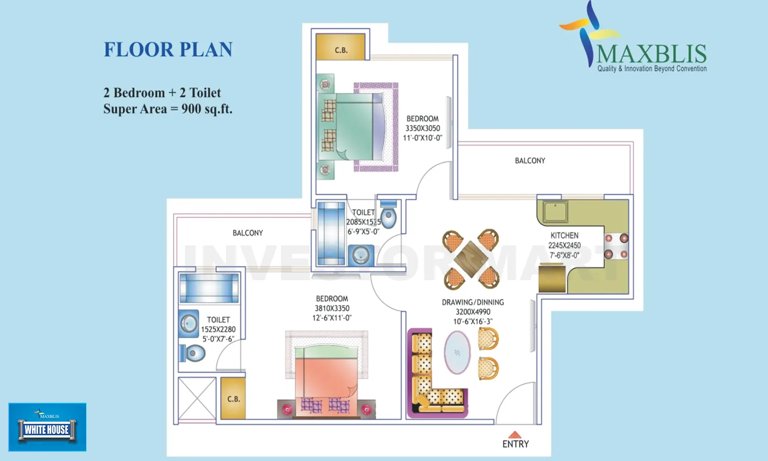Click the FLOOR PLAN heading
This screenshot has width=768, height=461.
168,50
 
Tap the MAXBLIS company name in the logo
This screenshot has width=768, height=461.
651,54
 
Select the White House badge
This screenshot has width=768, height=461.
47,427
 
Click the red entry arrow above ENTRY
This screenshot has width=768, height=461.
515,434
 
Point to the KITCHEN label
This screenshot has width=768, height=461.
564,236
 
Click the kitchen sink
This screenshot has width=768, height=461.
555,211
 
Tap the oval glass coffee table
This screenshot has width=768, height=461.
457,352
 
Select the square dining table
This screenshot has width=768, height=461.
471,259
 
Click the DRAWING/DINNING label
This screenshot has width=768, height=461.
473,302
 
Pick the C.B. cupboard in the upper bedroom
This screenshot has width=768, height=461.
341,47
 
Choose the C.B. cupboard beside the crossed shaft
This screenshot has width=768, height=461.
233,399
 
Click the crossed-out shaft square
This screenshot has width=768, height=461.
197,399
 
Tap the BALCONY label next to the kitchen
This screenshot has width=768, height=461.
530,161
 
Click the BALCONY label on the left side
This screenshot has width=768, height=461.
248,233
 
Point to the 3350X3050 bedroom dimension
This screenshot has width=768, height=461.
422,129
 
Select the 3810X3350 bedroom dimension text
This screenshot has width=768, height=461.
332,308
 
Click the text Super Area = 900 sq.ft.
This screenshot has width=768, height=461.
168,109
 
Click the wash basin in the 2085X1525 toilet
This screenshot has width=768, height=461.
361,255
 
